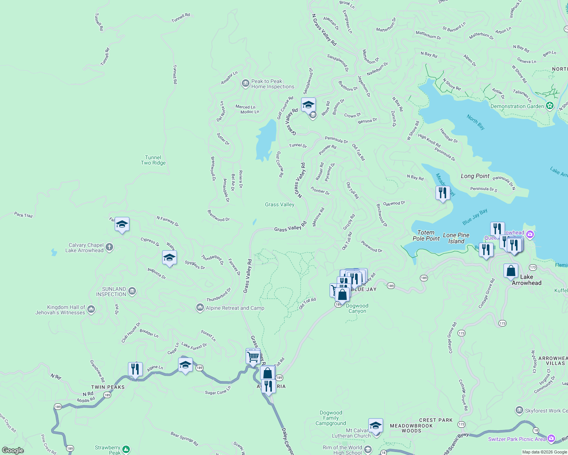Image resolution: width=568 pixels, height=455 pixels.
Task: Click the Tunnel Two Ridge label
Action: [153, 160]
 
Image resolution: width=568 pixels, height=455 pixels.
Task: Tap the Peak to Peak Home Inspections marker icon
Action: [245, 83]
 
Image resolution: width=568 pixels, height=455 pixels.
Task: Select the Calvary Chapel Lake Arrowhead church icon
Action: [109, 248]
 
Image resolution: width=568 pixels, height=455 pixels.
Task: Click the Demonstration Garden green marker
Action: [549, 106]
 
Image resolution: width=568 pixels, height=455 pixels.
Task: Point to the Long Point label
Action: [475, 176]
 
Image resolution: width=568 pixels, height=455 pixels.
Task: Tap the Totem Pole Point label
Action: [426, 235]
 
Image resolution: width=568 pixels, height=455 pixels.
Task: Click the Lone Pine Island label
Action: [456, 238]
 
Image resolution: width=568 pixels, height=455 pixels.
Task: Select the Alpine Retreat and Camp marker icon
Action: [200, 308]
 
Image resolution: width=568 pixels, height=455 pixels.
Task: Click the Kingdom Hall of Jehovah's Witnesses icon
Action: [91, 309]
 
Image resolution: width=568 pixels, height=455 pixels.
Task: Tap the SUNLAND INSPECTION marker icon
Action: [132, 291]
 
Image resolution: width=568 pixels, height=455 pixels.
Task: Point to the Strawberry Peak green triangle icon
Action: [126, 450]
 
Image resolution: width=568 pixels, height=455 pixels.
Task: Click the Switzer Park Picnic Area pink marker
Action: [551, 439]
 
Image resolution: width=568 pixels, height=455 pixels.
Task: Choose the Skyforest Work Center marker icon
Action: [519, 410]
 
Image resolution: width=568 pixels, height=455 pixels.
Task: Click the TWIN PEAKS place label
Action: [108, 387]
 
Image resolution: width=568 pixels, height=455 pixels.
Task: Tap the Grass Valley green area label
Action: [279, 204]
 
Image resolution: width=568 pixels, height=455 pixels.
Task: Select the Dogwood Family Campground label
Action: [330, 418]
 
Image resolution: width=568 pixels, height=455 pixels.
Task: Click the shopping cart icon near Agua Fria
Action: [253, 356]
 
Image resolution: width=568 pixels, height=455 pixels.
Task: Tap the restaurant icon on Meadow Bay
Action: [442, 193]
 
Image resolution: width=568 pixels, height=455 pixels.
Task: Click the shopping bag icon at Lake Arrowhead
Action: [511, 271]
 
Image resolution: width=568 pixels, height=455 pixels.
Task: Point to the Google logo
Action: [13, 450]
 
